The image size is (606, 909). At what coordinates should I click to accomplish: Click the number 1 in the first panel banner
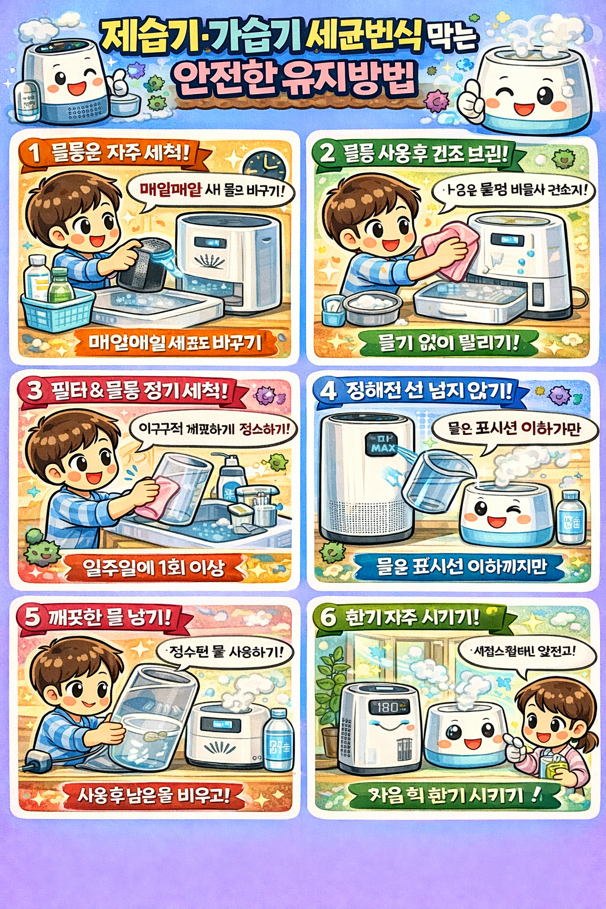[x=35, y=153]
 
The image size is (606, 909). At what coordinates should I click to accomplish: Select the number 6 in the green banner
[x=328, y=617]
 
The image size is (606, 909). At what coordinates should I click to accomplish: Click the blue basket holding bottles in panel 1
[x=57, y=311]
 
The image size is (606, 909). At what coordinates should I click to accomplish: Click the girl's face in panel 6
[x=547, y=719]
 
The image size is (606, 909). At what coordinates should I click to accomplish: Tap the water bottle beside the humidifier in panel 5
[x=278, y=740]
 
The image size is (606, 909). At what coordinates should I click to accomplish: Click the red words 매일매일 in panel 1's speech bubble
[x=170, y=189]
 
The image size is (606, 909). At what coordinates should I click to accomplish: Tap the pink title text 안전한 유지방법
[x=294, y=79]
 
